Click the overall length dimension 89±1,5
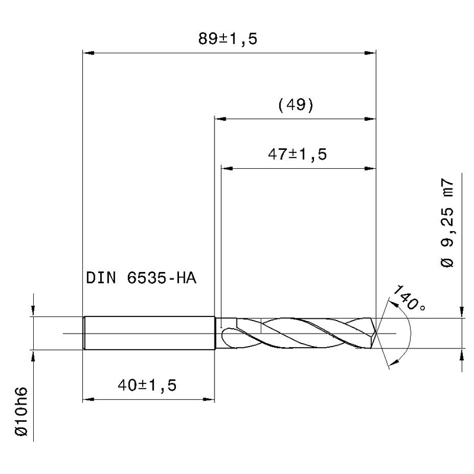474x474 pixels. point(228,39)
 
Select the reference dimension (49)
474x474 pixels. point(296,105)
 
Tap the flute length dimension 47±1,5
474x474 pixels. point(297,154)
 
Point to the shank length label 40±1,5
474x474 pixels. point(147,385)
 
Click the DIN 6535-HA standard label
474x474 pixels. point(141,278)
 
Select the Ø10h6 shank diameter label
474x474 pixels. point(21,411)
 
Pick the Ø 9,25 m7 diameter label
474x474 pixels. point(447,223)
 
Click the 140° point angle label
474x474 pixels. point(409,298)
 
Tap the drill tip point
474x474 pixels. point(376,333)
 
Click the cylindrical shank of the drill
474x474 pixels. point(149,333)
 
